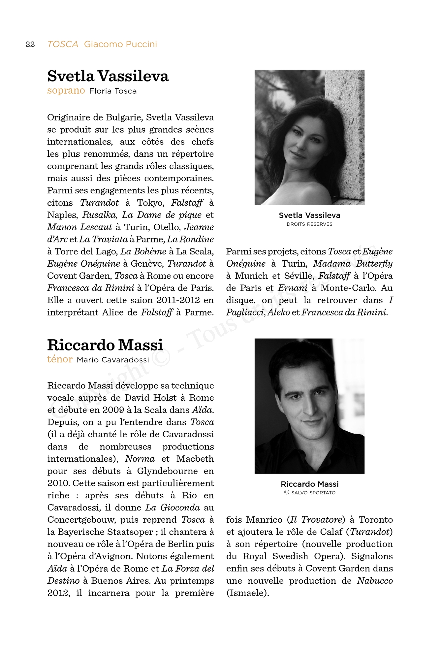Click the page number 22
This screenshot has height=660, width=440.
click(30, 45)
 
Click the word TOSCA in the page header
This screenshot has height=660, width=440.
click(63, 44)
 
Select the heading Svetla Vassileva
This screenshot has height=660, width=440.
click(108, 76)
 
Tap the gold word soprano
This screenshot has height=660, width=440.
click(66, 91)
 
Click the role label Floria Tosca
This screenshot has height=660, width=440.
click(113, 91)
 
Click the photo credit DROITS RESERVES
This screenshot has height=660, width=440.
click(309, 224)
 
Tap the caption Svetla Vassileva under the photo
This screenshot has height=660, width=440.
click(309, 215)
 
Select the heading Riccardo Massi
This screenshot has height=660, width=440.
click(105, 345)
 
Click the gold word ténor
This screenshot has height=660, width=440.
click(60, 359)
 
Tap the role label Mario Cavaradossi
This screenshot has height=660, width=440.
click(113, 360)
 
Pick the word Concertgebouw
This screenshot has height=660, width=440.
click(81, 520)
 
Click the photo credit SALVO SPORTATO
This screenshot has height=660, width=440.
click(313, 493)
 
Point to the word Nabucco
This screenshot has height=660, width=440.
click(375, 581)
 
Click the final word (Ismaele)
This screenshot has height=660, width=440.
click(248, 593)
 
